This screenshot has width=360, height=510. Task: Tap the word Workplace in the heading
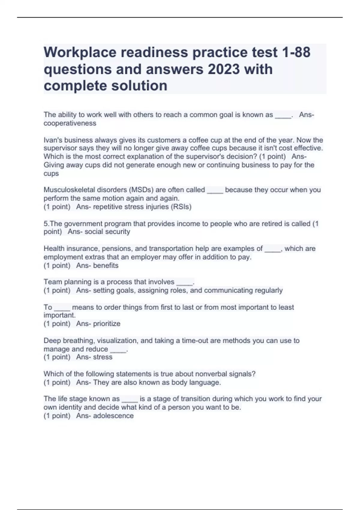pyautogui.click(x=80, y=52)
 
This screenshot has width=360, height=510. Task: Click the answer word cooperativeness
pyautogui.click(x=70, y=123)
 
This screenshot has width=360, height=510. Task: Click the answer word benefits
pyautogui.click(x=106, y=265)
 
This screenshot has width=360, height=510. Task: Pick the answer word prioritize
pyautogui.click(x=106, y=324)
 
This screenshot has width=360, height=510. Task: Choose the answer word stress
pyautogui.click(x=103, y=357)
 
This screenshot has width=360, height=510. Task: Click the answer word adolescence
pyautogui.click(x=113, y=416)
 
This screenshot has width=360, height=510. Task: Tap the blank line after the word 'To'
pyautogui.click(x=62, y=308)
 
